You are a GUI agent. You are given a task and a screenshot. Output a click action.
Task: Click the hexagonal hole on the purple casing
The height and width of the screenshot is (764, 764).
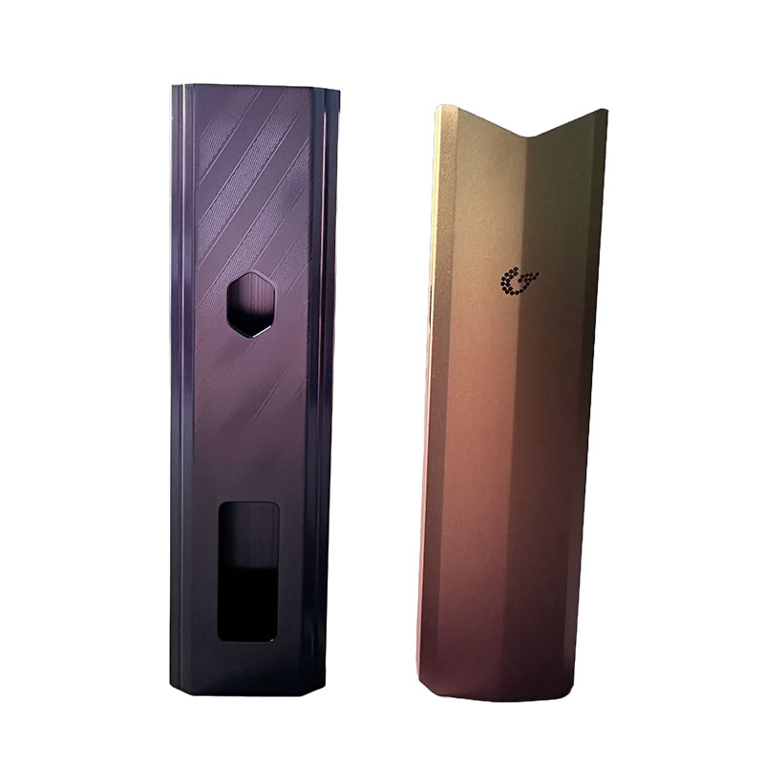(x=251, y=304)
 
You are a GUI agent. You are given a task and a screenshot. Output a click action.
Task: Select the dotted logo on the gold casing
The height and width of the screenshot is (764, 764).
(x=520, y=281)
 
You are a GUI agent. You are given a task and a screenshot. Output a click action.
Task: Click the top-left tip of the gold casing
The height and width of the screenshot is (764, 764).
(x=438, y=106)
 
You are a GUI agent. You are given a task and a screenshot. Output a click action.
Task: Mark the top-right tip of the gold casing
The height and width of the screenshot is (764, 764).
(x=605, y=111)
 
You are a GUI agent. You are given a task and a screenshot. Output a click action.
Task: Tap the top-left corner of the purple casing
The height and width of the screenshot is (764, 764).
(x=175, y=87)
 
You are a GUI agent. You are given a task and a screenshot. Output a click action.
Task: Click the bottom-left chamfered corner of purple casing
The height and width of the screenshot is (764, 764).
(x=177, y=680)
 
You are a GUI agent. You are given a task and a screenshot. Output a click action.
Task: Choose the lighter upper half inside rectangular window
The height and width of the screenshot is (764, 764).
(x=247, y=535)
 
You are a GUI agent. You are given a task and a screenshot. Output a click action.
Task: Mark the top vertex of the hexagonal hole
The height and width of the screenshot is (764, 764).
(x=251, y=271)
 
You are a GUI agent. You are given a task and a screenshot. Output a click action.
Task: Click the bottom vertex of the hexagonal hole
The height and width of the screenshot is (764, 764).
(x=251, y=337)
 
